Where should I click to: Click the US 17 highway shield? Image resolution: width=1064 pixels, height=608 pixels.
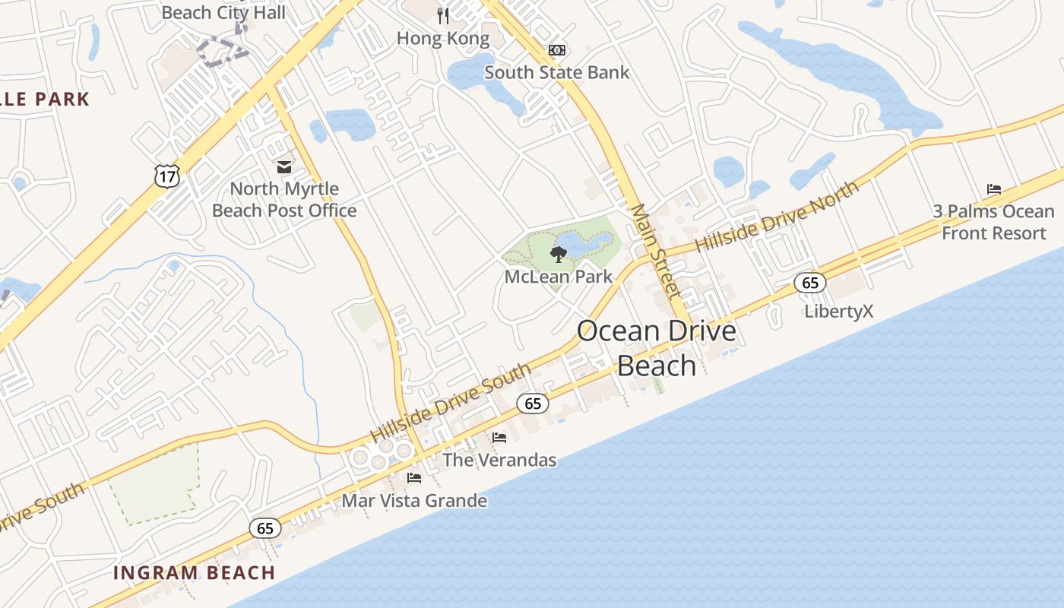[166, 176]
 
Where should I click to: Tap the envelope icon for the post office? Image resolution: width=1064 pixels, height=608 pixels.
[284, 166]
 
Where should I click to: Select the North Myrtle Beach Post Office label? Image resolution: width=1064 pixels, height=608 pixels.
[284, 200]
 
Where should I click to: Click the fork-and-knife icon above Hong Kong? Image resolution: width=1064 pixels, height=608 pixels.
[444, 16]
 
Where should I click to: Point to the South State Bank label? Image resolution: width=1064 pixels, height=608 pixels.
[557, 73]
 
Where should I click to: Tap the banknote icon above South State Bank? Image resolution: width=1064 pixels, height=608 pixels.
[557, 50]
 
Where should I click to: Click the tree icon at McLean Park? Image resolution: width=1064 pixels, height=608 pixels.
[559, 254]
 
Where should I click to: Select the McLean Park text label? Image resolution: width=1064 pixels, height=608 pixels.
[559, 277]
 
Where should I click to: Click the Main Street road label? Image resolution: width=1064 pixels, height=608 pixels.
[654, 250]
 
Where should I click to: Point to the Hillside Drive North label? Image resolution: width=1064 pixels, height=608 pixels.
[777, 217]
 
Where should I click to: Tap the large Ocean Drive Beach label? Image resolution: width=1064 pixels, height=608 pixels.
[657, 348]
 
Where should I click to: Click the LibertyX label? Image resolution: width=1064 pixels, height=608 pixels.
[839, 311]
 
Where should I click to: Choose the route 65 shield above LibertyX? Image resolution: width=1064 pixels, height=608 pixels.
[810, 283]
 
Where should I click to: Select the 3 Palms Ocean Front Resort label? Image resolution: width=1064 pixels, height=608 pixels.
[993, 222]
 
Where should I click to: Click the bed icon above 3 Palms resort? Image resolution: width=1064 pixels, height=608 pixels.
[994, 189]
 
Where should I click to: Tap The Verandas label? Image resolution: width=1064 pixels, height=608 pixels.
[499, 460]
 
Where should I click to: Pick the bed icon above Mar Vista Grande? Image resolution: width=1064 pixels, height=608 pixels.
[414, 478]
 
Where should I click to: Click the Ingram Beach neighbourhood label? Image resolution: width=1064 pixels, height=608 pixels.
[194, 573]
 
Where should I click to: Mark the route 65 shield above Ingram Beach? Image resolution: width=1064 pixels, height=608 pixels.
[265, 528]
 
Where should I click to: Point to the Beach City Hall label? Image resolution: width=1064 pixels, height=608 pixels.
[224, 13]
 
